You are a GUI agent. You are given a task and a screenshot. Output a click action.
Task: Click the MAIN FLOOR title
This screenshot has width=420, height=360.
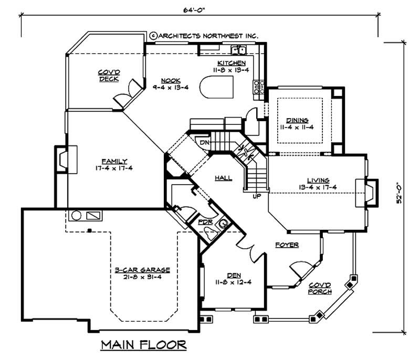pyautogui.click(x=142, y=345)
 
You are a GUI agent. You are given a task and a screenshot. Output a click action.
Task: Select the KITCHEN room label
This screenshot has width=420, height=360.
pyautogui.click(x=229, y=63)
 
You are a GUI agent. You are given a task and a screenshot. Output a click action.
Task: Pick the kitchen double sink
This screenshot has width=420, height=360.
pyautogui.click(x=239, y=50)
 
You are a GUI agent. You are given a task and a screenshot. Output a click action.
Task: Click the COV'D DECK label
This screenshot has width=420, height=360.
pyautogui.click(x=108, y=76)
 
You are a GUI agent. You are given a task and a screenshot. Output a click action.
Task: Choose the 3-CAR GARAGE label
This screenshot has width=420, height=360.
pyautogui.click(x=142, y=270)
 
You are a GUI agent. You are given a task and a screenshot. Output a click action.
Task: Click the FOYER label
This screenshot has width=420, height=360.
pyautogui.click(x=287, y=245)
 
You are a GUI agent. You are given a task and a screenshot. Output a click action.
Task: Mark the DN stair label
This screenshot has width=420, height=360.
pyautogui.click(x=205, y=142)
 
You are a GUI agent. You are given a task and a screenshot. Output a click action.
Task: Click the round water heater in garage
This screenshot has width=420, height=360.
pyautogui.click(x=75, y=216)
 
